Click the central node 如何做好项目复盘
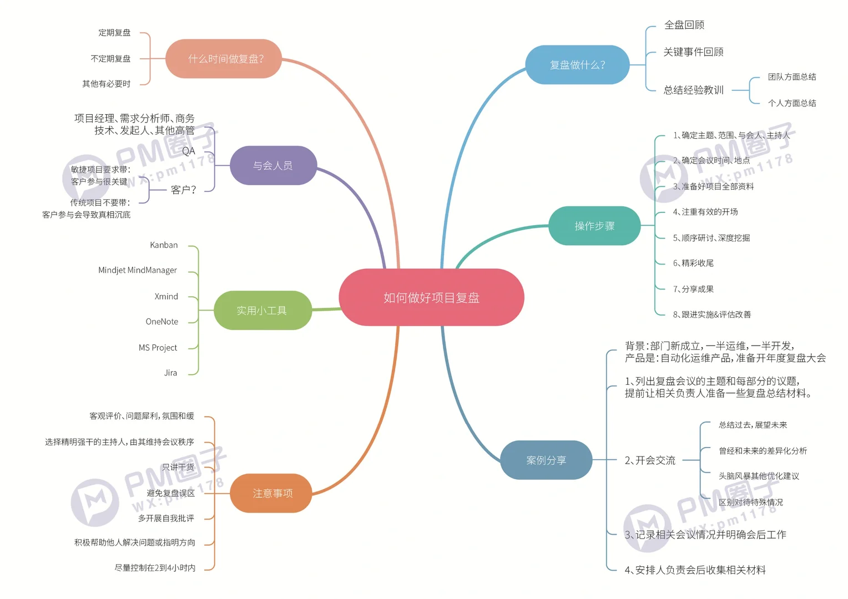(x=431, y=298)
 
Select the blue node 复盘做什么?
(x=577, y=65)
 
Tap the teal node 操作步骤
(x=594, y=226)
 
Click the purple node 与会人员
(x=272, y=165)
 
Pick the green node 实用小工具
(x=262, y=311)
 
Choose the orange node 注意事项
(x=272, y=493)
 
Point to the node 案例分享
(x=546, y=460)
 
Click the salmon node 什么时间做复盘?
(x=226, y=59)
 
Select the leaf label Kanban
(x=164, y=245)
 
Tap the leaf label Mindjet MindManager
(x=138, y=270)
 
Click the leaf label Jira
(x=170, y=373)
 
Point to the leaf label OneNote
(x=162, y=322)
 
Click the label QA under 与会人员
(x=189, y=151)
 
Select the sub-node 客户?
(x=183, y=190)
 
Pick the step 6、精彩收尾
(x=693, y=263)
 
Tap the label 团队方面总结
(x=792, y=77)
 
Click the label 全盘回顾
(x=684, y=25)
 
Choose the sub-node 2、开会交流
(x=650, y=460)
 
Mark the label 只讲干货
(x=178, y=468)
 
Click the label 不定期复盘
(x=110, y=59)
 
